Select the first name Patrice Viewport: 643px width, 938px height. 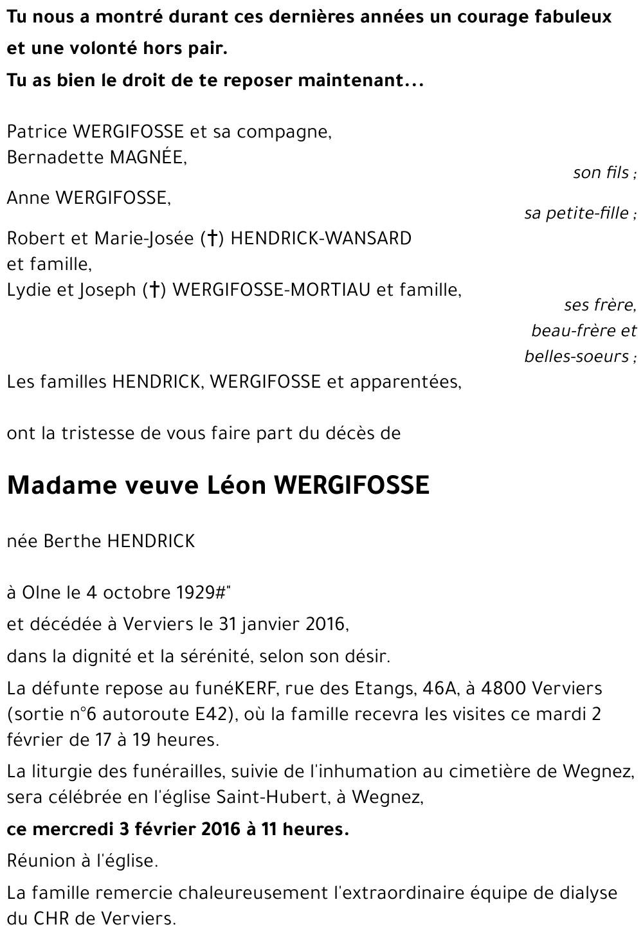[37, 132]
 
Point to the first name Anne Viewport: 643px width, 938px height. [28, 198]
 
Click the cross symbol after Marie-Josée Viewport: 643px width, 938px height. [210, 239]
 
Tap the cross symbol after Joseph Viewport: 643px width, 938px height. [154, 291]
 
